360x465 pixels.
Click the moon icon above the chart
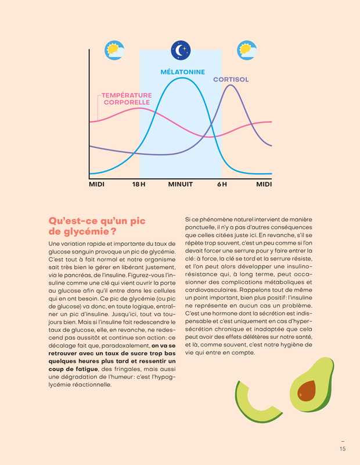coord(181,49)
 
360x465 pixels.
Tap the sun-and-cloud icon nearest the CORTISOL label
coord(249,49)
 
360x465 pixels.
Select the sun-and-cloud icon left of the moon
coord(113,49)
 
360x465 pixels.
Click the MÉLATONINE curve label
coord(182,72)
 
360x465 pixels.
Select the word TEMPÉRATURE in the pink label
coord(127,95)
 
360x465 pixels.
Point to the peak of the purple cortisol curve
coord(231,85)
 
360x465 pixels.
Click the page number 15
coord(343,448)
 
